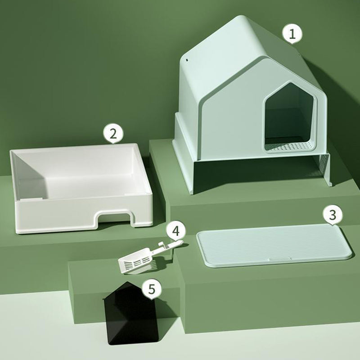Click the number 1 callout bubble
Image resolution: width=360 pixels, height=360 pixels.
point(292,34)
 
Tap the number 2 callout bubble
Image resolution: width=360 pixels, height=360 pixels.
point(113,134)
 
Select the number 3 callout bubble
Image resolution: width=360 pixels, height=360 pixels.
point(333,215)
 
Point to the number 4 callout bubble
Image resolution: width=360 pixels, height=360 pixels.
point(175,231)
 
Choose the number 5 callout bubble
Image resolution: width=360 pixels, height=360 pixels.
point(152,289)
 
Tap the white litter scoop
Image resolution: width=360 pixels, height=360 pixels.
point(147,257)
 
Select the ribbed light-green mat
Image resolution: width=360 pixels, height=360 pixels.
point(274,245)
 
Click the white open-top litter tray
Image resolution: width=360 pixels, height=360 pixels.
point(81,188)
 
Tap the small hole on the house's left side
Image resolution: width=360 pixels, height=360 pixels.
point(187,60)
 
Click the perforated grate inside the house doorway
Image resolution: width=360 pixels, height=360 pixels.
point(289,146)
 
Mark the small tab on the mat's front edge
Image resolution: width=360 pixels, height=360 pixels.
point(279,259)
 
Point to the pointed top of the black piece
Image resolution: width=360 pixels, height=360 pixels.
point(128,282)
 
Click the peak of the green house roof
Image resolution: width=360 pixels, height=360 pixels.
point(241,16)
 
